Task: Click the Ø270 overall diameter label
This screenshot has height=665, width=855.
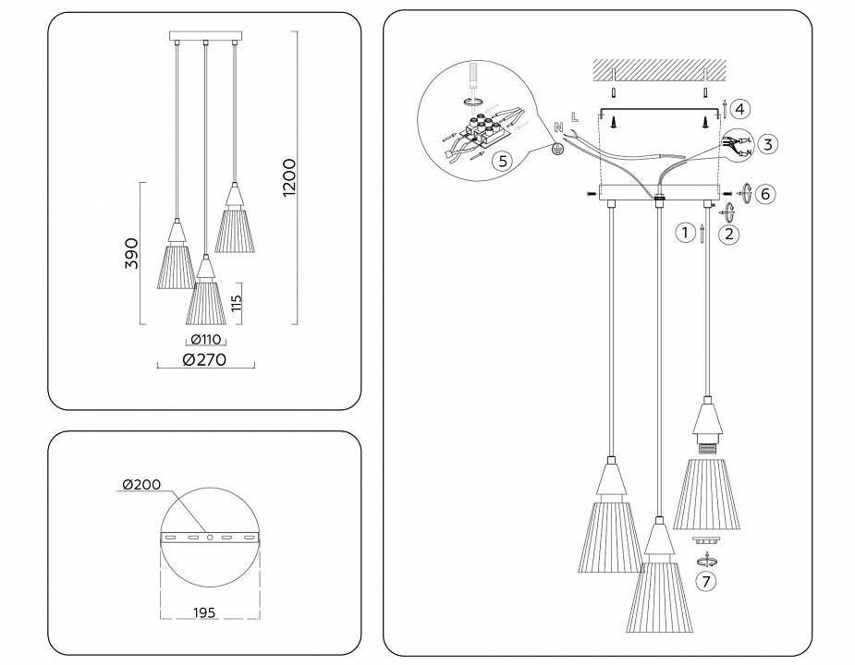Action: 204,360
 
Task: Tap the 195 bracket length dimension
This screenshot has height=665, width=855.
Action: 205,612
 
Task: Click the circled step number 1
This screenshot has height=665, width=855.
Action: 684,233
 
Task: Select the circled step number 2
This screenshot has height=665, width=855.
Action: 729,234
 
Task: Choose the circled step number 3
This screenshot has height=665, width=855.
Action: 769,144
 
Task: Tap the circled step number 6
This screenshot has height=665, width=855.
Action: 764,193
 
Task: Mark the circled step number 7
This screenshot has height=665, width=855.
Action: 706,582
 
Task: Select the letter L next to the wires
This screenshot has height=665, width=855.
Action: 575,117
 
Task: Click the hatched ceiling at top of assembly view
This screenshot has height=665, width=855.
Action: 657,70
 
